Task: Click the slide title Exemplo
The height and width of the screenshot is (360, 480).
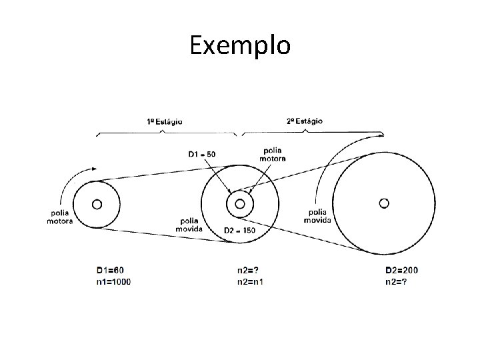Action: [240, 45]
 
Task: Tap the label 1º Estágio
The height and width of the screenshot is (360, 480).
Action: [165, 122]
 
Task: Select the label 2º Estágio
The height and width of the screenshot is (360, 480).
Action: [304, 122]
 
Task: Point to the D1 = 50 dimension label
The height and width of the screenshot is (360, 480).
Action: [201, 155]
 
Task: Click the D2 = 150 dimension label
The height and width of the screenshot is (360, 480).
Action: [239, 230]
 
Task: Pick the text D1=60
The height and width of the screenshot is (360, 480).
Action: [110, 270]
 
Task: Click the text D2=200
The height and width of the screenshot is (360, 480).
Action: [402, 270]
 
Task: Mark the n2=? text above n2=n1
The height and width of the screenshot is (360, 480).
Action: [248, 270]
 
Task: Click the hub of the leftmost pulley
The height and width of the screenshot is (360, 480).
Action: [97, 204]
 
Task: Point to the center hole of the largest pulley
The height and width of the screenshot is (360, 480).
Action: [383, 202]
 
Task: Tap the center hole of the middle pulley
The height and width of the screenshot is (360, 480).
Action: [239, 204]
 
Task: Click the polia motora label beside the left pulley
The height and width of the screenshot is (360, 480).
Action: [60, 217]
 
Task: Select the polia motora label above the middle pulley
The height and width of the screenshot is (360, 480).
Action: [275, 155]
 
